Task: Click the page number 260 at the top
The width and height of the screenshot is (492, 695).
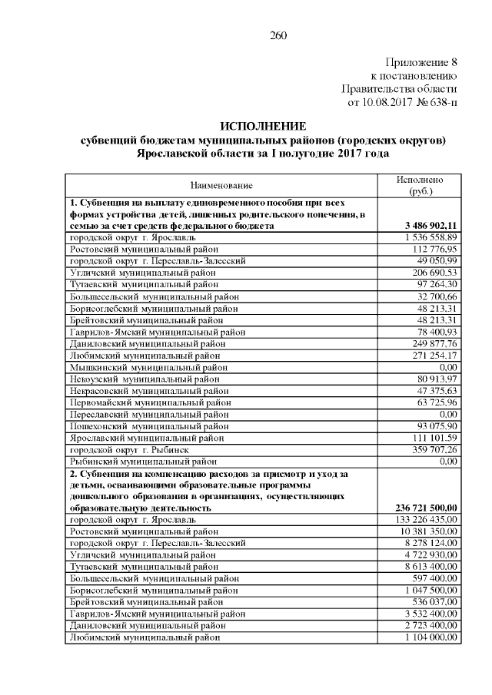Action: [278, 35]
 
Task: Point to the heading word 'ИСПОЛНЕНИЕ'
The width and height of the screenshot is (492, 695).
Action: [263, 126]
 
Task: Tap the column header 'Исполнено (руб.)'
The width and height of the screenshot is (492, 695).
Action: [419, 185]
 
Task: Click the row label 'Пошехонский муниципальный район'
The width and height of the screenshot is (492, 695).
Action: [149, 426]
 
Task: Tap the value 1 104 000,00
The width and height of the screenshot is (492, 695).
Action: [430, 637]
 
